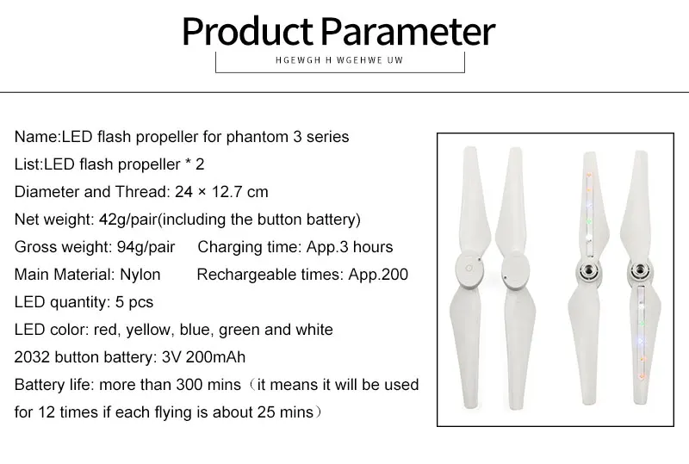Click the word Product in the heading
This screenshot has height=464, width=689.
tap(247, 32)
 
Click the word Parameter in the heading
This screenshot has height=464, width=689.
tap(407, 32)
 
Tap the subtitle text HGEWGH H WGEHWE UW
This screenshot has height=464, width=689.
tap(339, 60)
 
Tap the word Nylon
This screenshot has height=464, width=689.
tap(140, 275)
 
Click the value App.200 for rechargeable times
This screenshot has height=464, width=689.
tap(378, 275)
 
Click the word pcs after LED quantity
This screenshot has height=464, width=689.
tap(140, 302)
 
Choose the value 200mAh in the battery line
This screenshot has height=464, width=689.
tap(215, 357)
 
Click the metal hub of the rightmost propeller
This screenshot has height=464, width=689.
tap(640, 271)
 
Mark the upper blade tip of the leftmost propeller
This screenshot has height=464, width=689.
tap(470, 149)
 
